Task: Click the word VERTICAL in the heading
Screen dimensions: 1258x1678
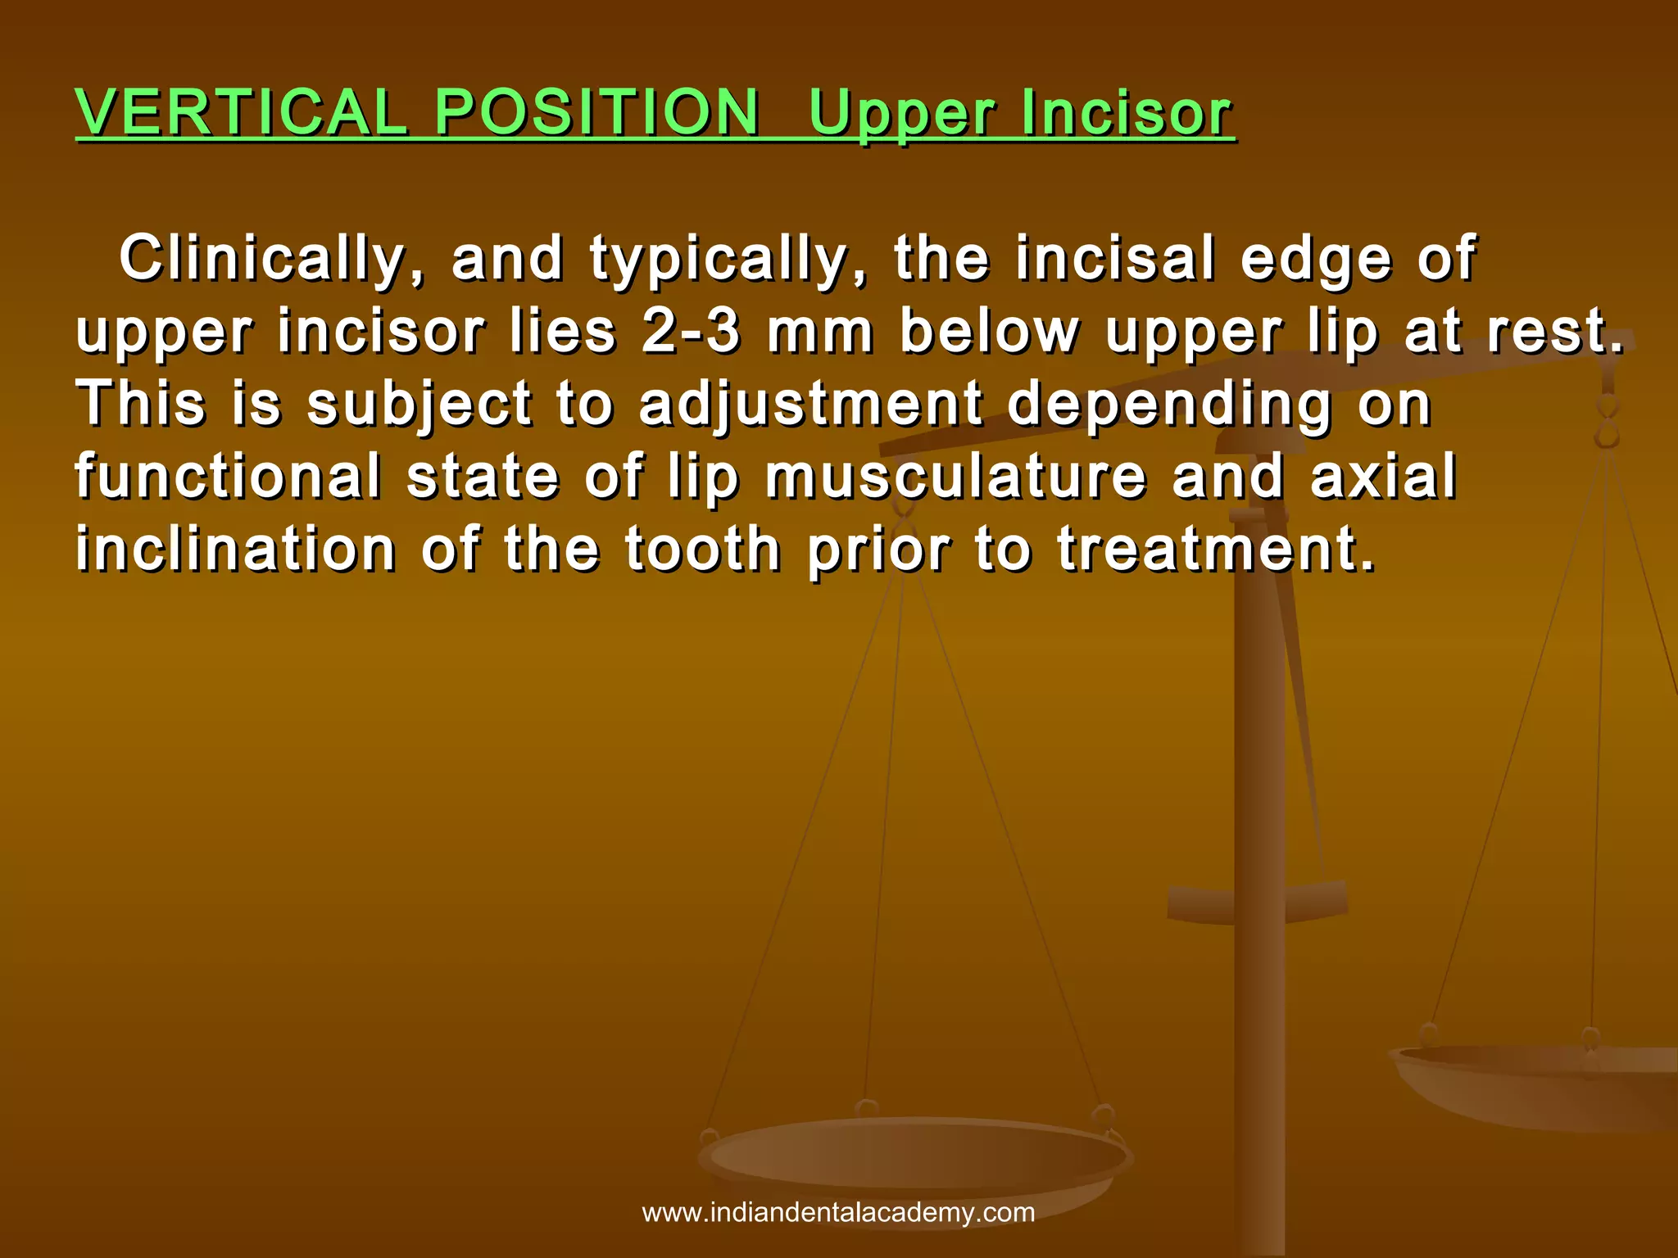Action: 242,112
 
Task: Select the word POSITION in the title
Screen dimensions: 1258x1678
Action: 596,112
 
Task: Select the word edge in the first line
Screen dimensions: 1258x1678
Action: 1316,260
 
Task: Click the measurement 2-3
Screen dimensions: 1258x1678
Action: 691,332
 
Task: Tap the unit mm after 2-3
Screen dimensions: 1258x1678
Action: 820,332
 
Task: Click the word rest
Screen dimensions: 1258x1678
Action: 1553,332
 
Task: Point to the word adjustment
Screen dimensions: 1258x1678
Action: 810,405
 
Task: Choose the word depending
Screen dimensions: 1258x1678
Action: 1169,405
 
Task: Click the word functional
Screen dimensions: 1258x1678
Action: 229,476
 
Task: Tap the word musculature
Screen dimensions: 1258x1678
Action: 955,476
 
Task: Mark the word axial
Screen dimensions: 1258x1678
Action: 1383,476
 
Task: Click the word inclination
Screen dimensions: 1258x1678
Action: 236,548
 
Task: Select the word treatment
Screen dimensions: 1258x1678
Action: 1215,548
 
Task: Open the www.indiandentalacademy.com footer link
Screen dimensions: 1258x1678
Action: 838,1213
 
